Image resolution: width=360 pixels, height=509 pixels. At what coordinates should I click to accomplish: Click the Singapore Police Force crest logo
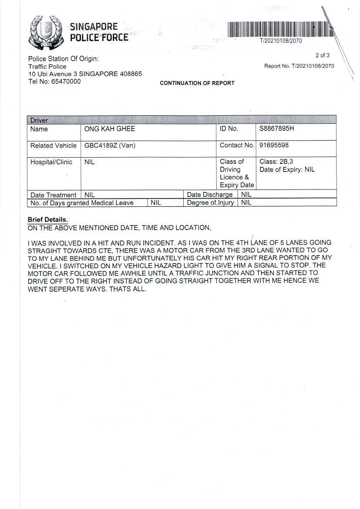46,32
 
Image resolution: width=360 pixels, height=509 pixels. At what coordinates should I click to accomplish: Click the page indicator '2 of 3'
323,55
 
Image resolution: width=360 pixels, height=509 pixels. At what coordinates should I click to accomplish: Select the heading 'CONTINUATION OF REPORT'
197,83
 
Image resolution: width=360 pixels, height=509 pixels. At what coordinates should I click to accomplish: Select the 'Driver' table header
39,120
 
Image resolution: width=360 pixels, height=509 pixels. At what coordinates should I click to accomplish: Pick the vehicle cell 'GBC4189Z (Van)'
110,145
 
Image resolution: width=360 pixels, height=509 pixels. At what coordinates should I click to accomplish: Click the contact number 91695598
274,145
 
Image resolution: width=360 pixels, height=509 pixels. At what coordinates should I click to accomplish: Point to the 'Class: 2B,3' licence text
276,162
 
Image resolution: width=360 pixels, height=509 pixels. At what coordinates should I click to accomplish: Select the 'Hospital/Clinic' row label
51,162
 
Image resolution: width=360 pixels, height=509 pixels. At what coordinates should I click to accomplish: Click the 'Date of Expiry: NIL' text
287,170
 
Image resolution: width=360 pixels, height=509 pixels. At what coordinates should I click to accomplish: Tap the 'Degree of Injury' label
210,203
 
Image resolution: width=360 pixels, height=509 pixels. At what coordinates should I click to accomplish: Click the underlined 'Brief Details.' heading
48,220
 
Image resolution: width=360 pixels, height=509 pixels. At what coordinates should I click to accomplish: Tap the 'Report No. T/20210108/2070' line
299,66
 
